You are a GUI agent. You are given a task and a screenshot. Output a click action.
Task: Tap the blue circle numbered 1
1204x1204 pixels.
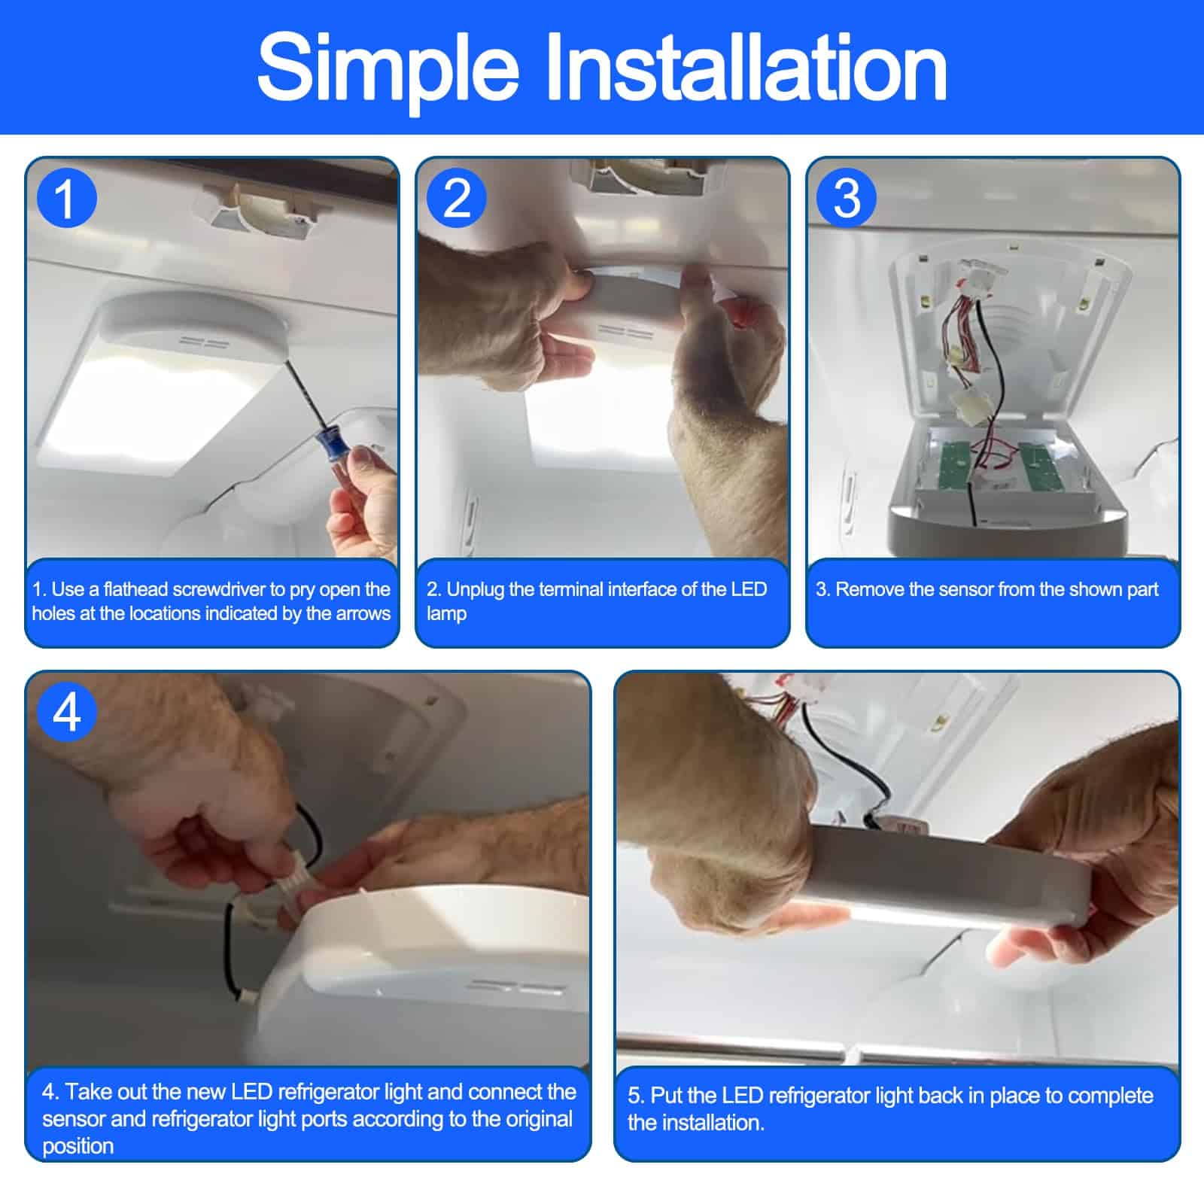point(67,198)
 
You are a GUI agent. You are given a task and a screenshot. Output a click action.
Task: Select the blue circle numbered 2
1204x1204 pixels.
point(457,198)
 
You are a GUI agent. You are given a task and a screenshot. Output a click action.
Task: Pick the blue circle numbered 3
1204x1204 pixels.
point(847,198)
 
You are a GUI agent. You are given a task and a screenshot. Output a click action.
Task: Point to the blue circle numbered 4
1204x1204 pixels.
point(67,711)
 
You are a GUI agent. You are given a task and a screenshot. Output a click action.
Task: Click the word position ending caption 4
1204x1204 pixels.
point(78,1147)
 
